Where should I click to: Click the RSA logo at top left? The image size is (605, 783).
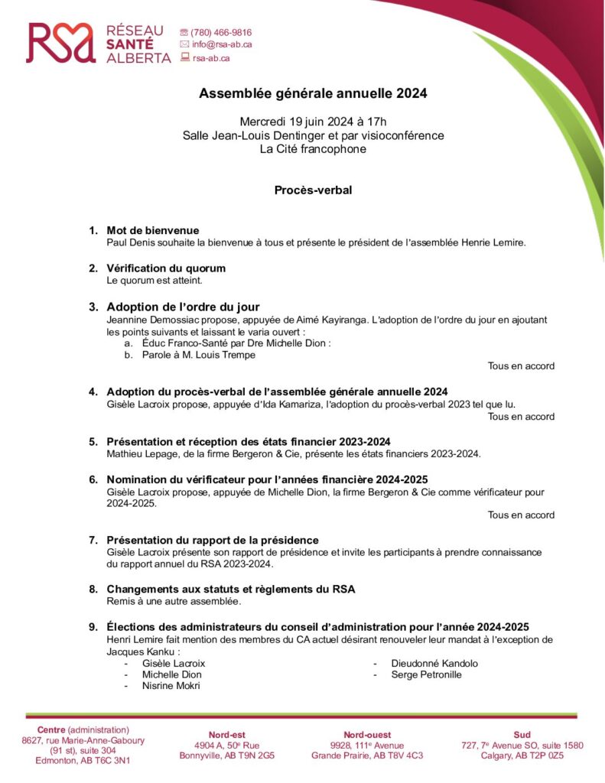(99, 43)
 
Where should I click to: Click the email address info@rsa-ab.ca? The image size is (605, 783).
(221, 44)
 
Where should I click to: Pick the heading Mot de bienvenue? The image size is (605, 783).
(153, 230)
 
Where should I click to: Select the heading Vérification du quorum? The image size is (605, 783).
(166, 268)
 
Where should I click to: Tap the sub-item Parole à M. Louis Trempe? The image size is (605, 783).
(198, 355)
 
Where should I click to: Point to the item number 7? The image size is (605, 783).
(93, 540)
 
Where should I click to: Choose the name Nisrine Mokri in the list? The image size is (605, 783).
(171, 686)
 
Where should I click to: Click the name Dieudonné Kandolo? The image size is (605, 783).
(434, 663)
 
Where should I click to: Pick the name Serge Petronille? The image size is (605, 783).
(426, 674)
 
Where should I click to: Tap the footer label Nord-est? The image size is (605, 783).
(226, 735)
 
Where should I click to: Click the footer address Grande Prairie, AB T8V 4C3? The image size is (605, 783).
(366, 755)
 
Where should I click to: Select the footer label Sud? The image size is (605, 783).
(522, 735)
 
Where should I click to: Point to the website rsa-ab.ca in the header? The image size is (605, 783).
(211, 57)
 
